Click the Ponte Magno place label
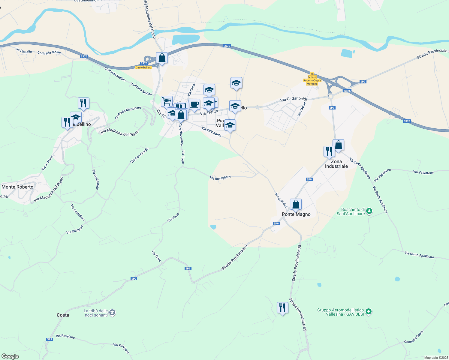tap(296, 214)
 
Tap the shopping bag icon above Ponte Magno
tap(296, 205)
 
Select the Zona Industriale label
tap(336, 164)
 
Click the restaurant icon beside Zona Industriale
tap(329, 151)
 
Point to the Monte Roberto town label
tap(17, 187)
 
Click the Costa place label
tap(63, 315)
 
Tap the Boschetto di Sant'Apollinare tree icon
tap(369, 211)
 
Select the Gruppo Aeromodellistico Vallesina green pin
tap(369, 312)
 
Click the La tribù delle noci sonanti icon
tap(112, 313)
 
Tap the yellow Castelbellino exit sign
tap(143, 67)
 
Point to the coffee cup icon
tap(194, 104)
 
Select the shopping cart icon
tap(167, 101)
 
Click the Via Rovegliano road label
tap(221, 178)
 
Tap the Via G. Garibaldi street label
tap(293, 99)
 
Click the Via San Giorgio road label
tap(139, 155)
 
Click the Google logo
tap(10, 356)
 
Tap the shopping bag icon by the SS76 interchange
tap(162, 58)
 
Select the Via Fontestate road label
tap(95, 179)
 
